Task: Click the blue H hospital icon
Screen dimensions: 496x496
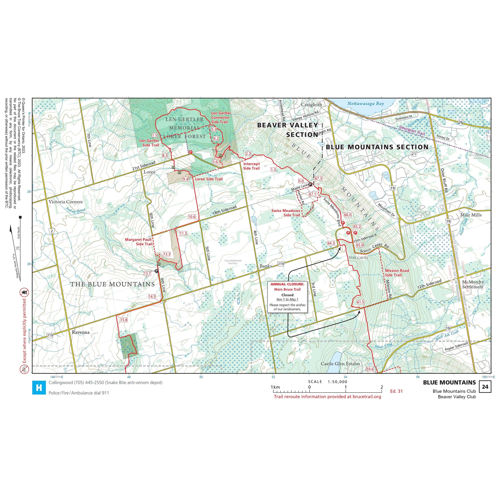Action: click(38, 388)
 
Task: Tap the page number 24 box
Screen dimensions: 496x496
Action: click(485, 387)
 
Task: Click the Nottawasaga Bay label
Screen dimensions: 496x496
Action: click(366, 103)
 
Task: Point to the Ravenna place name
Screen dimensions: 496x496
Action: click(81, 332)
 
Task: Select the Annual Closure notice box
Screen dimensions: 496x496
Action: click(287, 297)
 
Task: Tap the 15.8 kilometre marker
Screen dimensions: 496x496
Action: click(124, 320)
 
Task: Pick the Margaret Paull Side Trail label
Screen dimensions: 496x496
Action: click(138, 242)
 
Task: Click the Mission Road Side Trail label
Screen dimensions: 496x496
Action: click(397, 273)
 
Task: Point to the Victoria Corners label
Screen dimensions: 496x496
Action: click(65, 202)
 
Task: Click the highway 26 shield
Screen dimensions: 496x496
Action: click(460, 122)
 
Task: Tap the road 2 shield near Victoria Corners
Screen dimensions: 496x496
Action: click(52, 231)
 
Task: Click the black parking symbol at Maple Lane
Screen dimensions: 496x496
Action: click(310, 184)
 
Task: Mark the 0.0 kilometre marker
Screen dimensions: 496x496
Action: click(301, 181)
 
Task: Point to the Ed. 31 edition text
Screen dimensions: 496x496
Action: click(396, 391)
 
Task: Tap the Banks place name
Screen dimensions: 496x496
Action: click(265, 266)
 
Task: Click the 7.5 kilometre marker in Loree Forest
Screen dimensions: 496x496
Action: click(155, 135)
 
